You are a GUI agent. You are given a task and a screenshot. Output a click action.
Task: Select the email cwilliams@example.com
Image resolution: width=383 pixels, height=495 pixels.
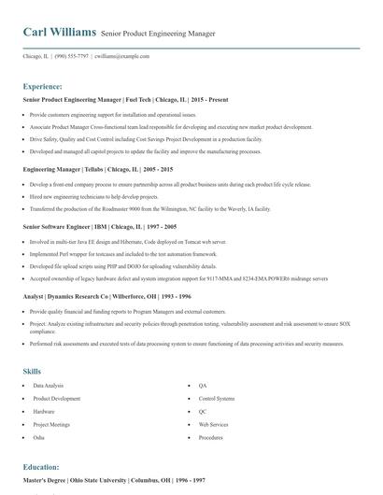pyautogui.click(x=122, y=56)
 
